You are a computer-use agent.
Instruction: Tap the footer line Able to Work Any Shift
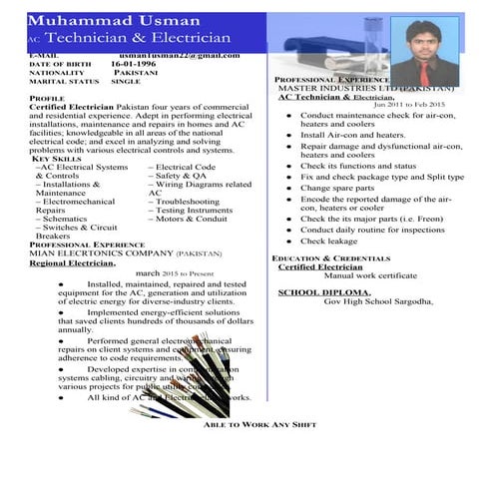[x=259, y=425]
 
